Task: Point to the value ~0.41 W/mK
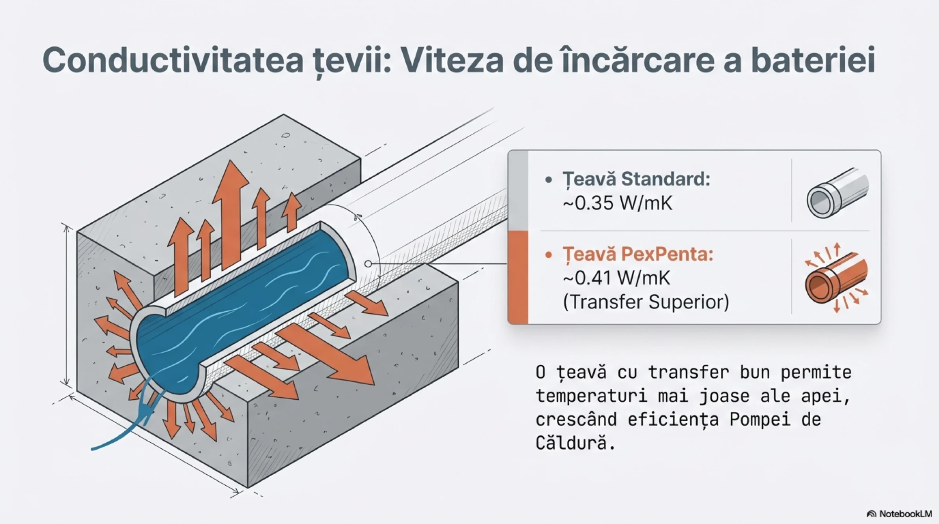point(616,278)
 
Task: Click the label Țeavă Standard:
point(636,179)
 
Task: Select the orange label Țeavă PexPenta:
point(638,254)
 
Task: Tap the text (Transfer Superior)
point(646,302)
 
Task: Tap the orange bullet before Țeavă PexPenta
point(549,255)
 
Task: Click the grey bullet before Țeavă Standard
point(549,180)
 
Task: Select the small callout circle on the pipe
point(368,264)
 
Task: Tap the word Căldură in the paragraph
point(571,443)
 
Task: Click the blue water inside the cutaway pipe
point(243,309)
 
